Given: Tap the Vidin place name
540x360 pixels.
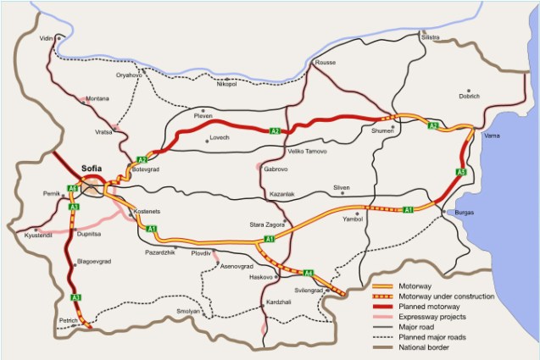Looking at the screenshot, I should pos(46,39).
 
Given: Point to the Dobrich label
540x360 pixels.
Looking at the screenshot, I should pos(470,97).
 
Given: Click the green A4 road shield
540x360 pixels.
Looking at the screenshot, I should pos(309,273).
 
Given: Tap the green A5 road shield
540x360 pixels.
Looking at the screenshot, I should pos(461,173).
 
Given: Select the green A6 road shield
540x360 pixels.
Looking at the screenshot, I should pos(74,188).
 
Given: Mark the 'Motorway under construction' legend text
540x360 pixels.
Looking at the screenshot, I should pos(454,299).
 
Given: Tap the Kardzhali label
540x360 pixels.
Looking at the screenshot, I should pos(278,302).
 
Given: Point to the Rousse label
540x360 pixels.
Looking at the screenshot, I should pos(326,64).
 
